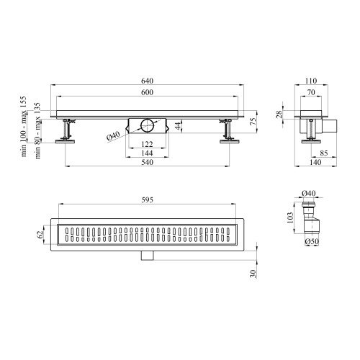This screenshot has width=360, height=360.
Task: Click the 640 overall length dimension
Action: pos(147,81)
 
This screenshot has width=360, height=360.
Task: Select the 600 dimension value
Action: pos(147,92)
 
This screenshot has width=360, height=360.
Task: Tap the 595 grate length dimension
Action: pos(147,200)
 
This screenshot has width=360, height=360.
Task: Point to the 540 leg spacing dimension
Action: pos(147,162)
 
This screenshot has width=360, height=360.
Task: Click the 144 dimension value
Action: pos(147,153)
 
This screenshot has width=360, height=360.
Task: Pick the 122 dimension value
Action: pos(147,144)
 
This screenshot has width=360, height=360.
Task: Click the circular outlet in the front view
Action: pos(148,125)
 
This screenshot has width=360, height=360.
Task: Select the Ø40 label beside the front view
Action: pos(113,136)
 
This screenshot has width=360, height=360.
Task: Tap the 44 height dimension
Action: pos(178,125)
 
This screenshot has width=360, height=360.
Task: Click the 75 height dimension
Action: pos(253,121)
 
